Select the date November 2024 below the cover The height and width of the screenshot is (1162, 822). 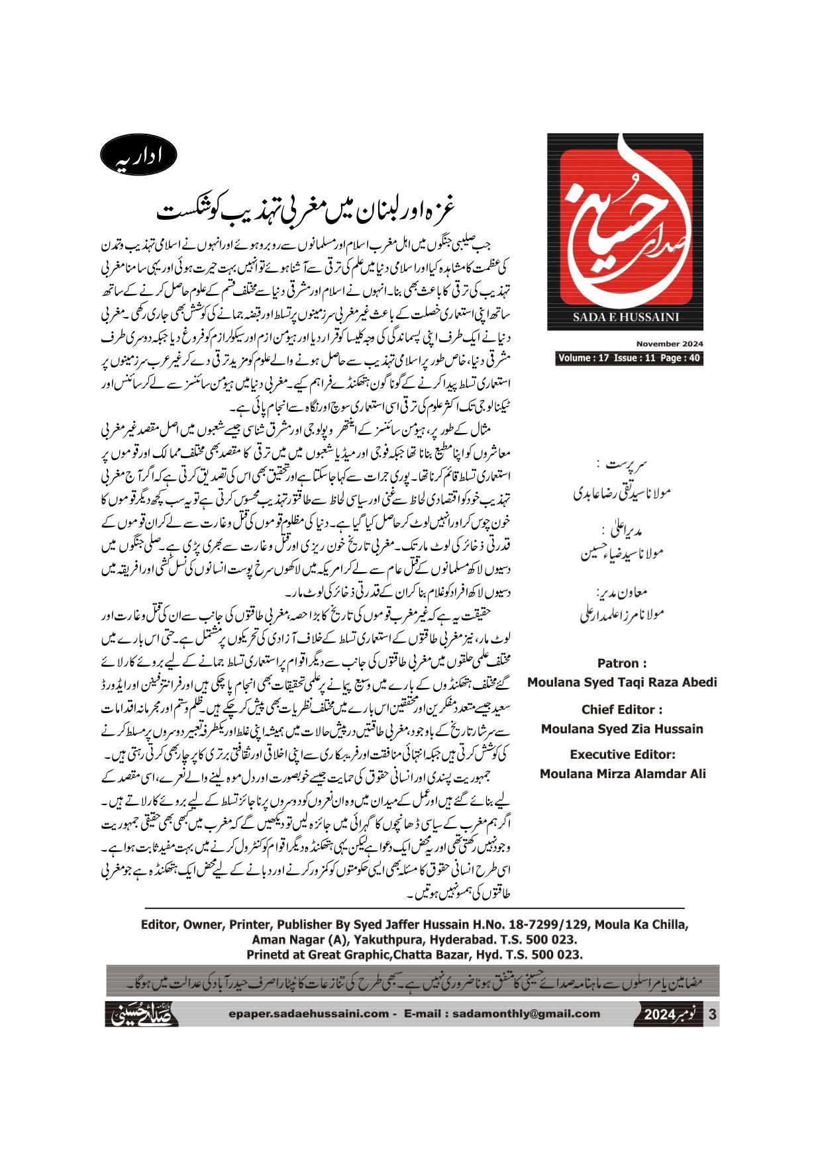tap(670, 344)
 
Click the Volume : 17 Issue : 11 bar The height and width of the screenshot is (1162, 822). tap(629, 358)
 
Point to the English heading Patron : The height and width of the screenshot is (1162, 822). tap(622, 663)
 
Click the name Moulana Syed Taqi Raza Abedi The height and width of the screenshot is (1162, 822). tap(622, 682)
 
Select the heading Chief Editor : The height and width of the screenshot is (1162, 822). tap(622, 709)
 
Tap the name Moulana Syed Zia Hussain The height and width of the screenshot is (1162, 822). tap(622, 729)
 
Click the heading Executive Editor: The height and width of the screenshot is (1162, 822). tap(622, 754)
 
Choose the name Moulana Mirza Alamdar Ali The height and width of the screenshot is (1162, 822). tap(622, 773)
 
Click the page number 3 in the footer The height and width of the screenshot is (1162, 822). tap(712, 1014)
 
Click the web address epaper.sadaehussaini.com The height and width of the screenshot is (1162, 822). tap(309, 1014)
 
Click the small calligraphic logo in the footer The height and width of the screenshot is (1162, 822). tap(142, 1014)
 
